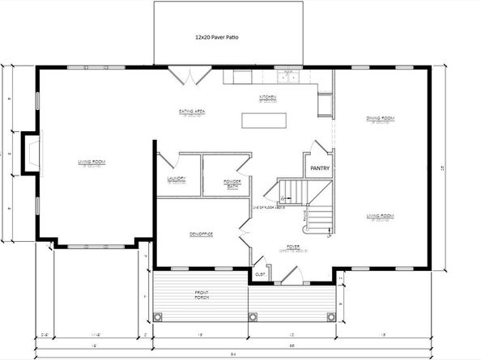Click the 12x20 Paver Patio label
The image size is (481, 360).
click(x=216, y=37)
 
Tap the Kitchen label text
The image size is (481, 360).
click(x=268, y=97)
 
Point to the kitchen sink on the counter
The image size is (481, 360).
click(x=287, y=77)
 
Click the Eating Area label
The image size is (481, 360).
click(x=191, y=111)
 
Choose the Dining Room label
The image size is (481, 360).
click(x=380, y=119)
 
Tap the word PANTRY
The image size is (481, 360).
click(x=319, y=169)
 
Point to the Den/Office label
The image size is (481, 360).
click(x=201, y=234)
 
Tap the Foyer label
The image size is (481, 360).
click(x=293, y=247)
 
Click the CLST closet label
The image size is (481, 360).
click(x=261, y=274)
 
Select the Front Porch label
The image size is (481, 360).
click(x=202, y=294)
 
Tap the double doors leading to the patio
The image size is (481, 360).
click(x=189, y=75)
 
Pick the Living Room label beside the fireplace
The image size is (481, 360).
click(x=92, y=163)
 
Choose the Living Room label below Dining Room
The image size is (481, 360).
click(x=380, y=216)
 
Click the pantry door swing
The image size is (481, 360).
click(x=321, y=148)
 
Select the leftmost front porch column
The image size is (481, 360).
click(x=159, y=316)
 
